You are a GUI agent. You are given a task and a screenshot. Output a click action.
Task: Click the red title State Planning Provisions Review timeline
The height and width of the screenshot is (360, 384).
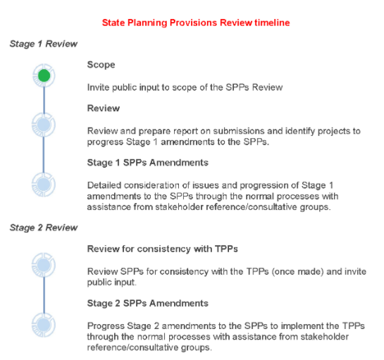click(196, 23)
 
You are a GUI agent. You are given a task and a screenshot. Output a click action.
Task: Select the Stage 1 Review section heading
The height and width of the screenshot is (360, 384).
click(44, 44)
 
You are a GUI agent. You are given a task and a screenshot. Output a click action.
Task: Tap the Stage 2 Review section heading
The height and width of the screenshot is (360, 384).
click(44, 228)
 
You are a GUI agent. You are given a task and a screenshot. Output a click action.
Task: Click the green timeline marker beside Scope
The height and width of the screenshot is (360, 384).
click(44, 75)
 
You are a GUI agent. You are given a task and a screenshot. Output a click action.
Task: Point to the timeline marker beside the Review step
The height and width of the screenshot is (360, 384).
click(44, 125)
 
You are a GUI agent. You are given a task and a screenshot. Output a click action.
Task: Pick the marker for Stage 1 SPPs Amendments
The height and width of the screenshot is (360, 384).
click(44, 185)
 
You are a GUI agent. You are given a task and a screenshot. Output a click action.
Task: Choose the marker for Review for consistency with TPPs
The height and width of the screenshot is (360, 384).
click(44, 265)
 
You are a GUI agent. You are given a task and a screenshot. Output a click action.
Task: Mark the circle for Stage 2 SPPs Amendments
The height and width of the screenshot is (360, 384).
click(44, 325)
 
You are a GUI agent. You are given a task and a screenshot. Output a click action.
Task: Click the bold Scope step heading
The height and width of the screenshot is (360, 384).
click(101, 65)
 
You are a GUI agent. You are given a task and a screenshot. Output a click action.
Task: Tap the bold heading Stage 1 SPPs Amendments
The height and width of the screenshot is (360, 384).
click(148, 163)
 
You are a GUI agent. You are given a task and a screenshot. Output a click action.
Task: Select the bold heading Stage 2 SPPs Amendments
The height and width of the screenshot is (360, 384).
click(148, 303)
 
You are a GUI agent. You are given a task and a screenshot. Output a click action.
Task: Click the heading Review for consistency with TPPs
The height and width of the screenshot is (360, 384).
click(162, 249)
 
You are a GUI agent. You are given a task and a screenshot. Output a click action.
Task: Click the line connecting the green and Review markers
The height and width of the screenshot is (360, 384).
click(44, 100)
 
